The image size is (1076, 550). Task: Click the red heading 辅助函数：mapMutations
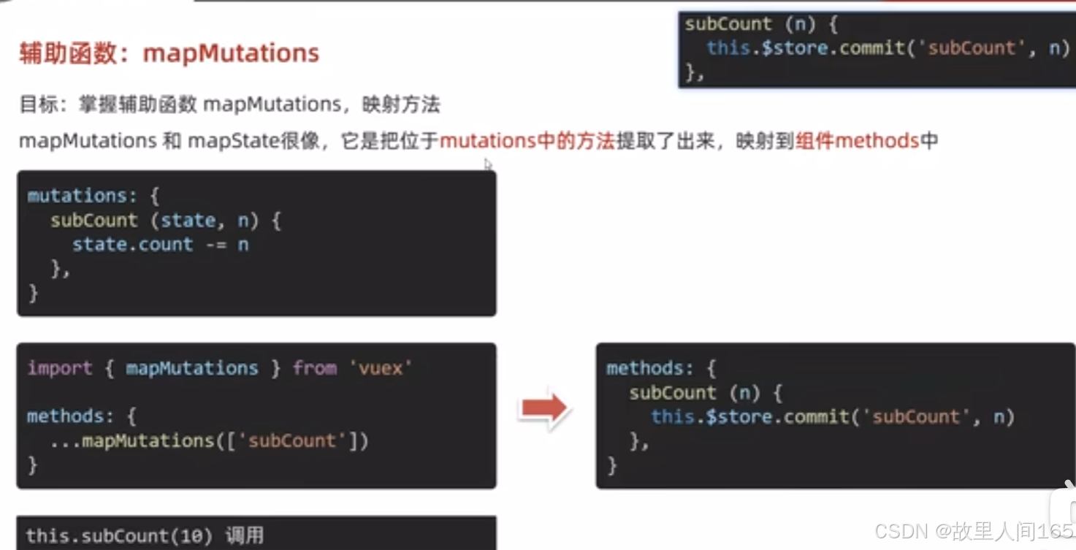(169, 53)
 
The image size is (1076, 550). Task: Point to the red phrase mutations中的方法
(527, 140)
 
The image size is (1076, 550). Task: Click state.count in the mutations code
(132, 244)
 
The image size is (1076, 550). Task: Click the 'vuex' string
(385, 367)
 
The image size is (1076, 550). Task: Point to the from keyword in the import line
(314, 367)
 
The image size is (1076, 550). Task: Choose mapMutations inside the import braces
(192, 367)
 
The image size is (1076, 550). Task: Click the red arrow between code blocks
(543, 409)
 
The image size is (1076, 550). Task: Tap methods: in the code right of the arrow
(650, 368)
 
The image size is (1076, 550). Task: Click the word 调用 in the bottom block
(244, 536)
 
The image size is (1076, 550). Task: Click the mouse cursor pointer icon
(488, 164)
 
